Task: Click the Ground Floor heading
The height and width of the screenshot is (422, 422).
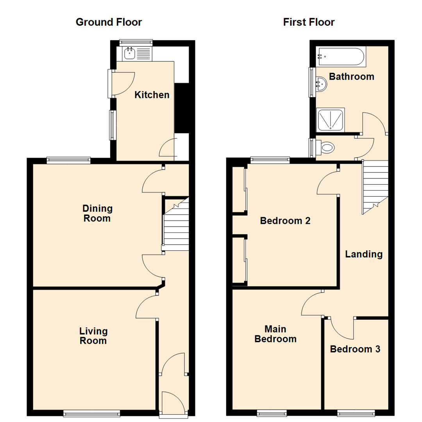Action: tap(109, 22)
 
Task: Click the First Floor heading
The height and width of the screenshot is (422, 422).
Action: tap(309, 22)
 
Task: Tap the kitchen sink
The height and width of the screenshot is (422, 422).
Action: tap(130, 54)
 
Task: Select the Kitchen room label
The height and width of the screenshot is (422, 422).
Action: tap(152, 95)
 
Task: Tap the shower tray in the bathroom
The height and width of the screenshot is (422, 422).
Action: tap(331, 120)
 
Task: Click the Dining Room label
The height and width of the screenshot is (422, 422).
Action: tap(97, 213)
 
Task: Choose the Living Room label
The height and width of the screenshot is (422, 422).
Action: tap(93, 336)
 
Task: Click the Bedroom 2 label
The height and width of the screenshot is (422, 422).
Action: tap(285, 221)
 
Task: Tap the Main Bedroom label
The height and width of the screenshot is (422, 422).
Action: tap(275, 334)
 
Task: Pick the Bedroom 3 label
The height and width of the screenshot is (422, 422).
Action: tap(355, 349)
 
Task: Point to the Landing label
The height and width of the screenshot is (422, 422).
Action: tap(363, 254)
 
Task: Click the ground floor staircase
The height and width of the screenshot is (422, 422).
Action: tap(176, 227)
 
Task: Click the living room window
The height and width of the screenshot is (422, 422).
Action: tap(92, 413)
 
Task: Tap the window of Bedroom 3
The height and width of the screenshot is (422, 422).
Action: tap(356, 413)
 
